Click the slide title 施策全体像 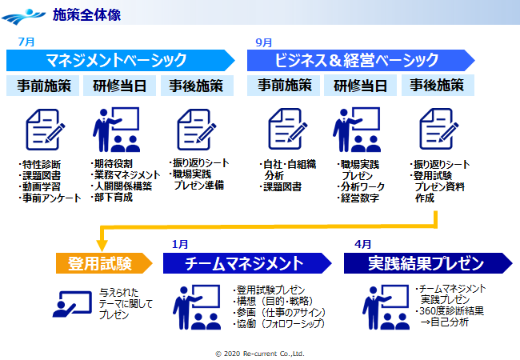86,14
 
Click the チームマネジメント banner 245,263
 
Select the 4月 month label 362,244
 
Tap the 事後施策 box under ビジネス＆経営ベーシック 437,86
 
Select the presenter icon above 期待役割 118,129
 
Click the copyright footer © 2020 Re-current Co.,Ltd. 260,353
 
